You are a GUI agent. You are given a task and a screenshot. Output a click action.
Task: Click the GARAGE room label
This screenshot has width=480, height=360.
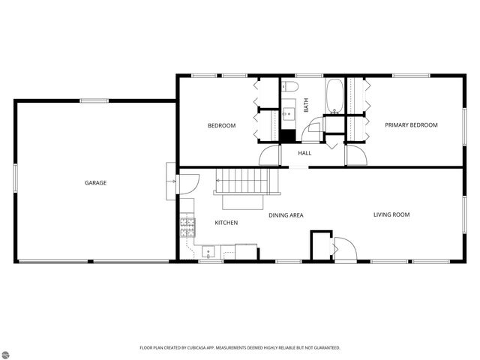coord(95,183)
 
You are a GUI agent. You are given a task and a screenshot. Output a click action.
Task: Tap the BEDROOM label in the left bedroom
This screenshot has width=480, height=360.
coord(221,125)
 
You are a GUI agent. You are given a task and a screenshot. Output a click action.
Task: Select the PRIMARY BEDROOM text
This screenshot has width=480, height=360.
coord(411,125)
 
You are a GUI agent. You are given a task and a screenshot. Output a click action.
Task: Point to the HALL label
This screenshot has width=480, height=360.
coord(304,154)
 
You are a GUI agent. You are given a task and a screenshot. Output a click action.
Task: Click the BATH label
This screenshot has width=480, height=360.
coord(306,106)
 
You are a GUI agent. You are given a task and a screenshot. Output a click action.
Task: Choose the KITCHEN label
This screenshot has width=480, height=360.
coord(226,223)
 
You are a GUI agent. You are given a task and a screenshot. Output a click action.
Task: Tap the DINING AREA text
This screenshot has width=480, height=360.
coord(286,215)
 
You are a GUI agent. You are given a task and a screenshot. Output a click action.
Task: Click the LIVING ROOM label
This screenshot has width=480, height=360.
coord(391,215)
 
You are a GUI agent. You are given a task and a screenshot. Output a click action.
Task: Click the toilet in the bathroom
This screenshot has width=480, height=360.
coord(291,87)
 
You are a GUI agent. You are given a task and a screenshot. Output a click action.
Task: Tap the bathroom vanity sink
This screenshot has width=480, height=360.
coord(289,115)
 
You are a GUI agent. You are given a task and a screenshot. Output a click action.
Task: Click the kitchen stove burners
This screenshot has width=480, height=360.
coord(186,226)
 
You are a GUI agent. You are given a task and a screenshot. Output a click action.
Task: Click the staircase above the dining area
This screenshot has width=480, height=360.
coord(241,181)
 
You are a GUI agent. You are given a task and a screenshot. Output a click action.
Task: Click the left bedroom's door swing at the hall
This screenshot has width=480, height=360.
coord(268,156)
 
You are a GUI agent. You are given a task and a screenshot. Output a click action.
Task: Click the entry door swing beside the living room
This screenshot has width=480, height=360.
coord(343,249)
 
